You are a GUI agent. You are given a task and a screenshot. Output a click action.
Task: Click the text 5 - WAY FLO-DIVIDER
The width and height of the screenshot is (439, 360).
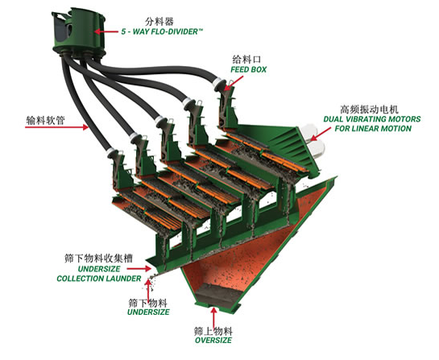pyautogui.click(x=162, y=31)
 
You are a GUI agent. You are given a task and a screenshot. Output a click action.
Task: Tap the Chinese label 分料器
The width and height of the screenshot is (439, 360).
pyautogui.click(x=159, y=21)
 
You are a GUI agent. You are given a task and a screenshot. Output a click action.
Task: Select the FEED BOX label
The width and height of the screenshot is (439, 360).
pyautogui.click(x=248, y=69)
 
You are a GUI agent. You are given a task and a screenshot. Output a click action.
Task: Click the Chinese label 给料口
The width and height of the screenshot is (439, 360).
pyautogui.click(x=246, y=59)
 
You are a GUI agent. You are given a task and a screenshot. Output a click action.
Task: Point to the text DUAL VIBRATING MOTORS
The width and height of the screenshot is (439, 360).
pyautogui.click(x=372, y=119)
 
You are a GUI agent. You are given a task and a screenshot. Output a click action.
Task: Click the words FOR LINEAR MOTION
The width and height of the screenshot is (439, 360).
pyautogui.click(x=373, y=129)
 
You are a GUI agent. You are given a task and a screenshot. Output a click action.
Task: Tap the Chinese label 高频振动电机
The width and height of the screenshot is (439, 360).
pyautogui.click(x=369, y=109)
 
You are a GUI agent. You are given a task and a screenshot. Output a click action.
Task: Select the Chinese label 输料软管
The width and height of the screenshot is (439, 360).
pyautogui.click(x=46, y=120)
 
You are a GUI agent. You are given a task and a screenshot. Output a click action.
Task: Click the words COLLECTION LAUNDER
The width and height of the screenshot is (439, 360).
pyautogui.click(x=99, y=279)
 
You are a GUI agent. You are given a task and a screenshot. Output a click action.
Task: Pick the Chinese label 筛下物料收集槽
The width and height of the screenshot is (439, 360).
pyautogui.click(x=98, y=258)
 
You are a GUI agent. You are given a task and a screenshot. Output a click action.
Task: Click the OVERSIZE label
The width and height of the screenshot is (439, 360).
pyautogui.click(x=213, y=340)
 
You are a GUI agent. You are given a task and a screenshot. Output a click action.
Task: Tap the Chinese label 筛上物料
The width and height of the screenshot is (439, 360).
pyautogui.click(x=213, y=331)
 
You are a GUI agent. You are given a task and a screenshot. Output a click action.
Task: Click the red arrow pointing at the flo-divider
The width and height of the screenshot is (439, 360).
pyautogui.click(x=106, y=31)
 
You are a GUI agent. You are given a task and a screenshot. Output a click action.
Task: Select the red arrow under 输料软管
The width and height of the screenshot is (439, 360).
pyautogui.click(x=56, y=127)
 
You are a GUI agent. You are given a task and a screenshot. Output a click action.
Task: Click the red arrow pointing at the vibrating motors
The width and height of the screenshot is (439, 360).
pyautogui.click(x=321, y=134)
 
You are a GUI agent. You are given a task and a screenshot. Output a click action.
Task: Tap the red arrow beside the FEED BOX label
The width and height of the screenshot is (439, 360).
pyautogui.click(x=234, y=84)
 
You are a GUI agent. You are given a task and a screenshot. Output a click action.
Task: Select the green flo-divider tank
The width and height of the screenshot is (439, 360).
pyautogui.click(x=79, y=33)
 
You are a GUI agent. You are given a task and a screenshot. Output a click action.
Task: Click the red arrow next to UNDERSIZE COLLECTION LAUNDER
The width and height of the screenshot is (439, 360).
pyautogui.click(x=139, y=269)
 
